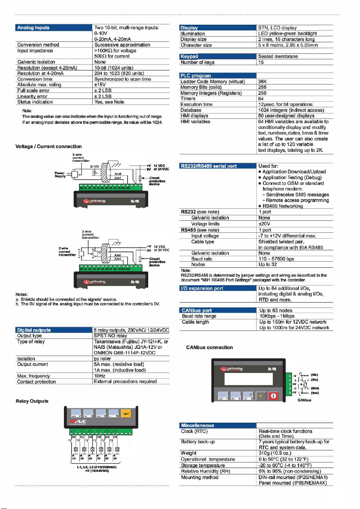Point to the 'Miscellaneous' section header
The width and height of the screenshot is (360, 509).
(x=197, y=425)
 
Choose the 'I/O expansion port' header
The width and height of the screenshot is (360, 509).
(x=202, y=289)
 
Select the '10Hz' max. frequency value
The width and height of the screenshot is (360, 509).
(x=100, y=376)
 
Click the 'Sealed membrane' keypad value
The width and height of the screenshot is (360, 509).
(x=278, y=56)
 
